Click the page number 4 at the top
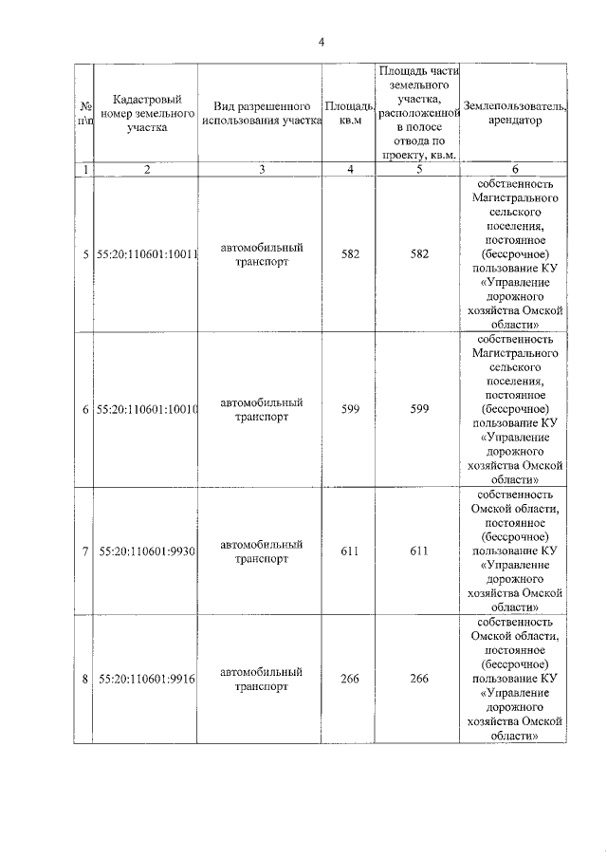pyautogui.click(x=322, y=42)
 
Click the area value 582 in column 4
pyautogui.click(x=349, y=254)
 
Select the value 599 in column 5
pyautogui.click(x=418, y=409)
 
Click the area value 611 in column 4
pyautogui.click(x=349, y=551)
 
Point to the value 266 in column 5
pyautogui.click(x=418, y=679)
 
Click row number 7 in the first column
pyautogui.click(x=85, y=551)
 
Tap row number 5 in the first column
pyautogui.click(x=85, y=254)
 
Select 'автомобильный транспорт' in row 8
pyautogui.click(x=260, y=680)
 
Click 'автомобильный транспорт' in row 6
pyautogui.click(x=260, y=410)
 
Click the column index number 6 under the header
pyautogui.click(x=516, y=169)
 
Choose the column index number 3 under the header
pyautogui.click(x=260, y=169)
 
